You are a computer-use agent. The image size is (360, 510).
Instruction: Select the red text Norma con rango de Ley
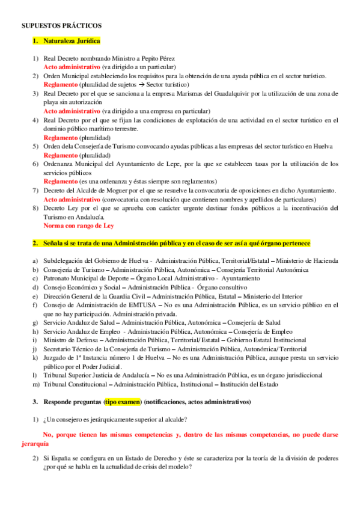point(79,226)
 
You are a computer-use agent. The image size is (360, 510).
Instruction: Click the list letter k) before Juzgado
point(35,358)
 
